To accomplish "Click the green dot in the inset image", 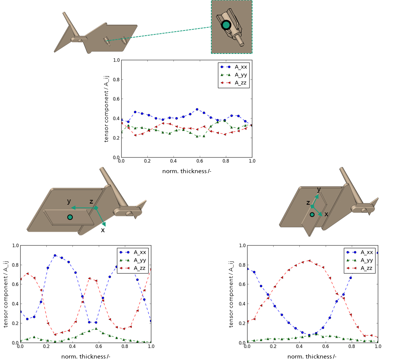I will tap(226, 25).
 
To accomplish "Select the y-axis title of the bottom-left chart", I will tap(6, 294).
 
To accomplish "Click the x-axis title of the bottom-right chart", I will tap(312, 356).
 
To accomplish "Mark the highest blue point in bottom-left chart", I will tap(55, 256).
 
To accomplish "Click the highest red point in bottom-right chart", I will tap(309, 261).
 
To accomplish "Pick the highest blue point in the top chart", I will tap(197, 110).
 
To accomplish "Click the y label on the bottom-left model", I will tap(69, 201).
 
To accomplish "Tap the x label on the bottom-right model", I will tap(326, 214).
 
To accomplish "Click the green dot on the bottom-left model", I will tap(70, 217).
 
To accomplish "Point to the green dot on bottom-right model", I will tap(312, 215).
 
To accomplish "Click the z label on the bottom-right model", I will tap(308, 202).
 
